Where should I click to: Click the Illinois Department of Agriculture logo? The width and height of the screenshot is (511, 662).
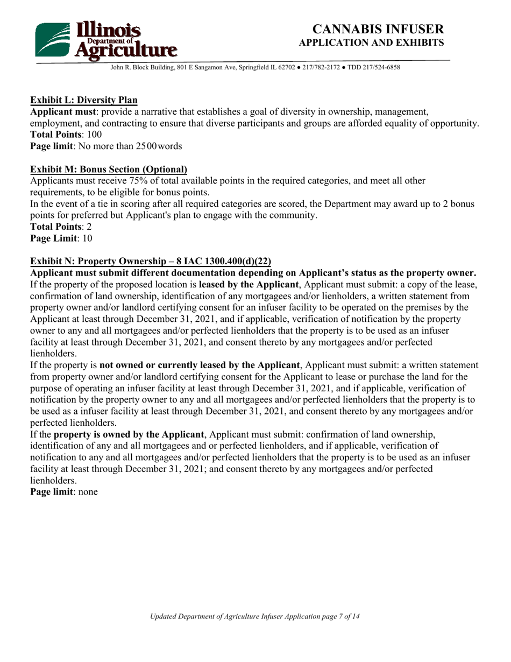(105, 39)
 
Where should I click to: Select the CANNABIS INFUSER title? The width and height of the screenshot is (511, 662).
(378, 29)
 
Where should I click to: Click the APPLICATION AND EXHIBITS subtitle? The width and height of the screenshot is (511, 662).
(371, 43)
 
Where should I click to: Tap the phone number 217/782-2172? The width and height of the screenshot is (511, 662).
(305, 68)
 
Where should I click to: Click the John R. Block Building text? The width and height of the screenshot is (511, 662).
(143, 68)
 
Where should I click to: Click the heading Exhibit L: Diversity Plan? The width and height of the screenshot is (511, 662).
(84, 100)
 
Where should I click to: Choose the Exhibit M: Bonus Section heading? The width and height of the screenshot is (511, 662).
(109, 169)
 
